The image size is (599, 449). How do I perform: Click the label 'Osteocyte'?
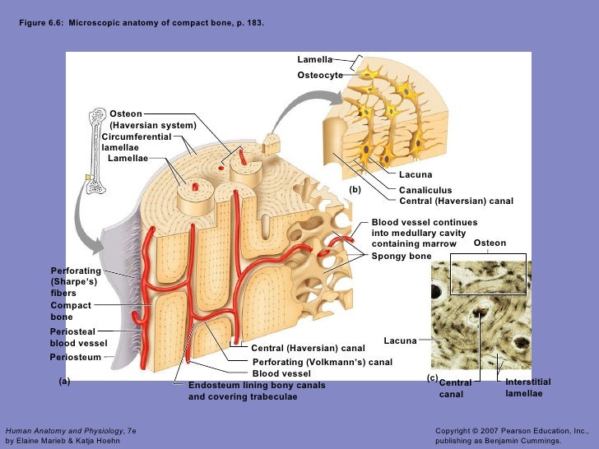click(x=320, y=76)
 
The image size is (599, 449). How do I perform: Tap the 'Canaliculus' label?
click(x=425, y=190)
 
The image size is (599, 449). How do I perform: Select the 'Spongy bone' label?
click(x=402, y=256)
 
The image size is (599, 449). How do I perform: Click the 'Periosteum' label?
click(x=75, y=358)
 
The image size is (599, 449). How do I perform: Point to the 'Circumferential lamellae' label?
click(x=136, y=141)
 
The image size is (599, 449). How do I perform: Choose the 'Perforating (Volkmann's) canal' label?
click(x=322, y=362)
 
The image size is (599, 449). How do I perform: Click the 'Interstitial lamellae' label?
click(x=527, y=388)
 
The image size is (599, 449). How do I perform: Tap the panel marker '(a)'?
click(x=65, y=382)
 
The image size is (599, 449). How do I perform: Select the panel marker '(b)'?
click(x=355, y=189)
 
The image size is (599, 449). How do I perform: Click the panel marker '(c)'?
click(x=432, y=377)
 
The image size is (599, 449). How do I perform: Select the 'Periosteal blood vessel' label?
click(x=78, y=337)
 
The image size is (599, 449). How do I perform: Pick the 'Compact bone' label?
click(x=71, y=311)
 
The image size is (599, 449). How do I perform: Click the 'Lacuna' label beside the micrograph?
click(x=400, y=340)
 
